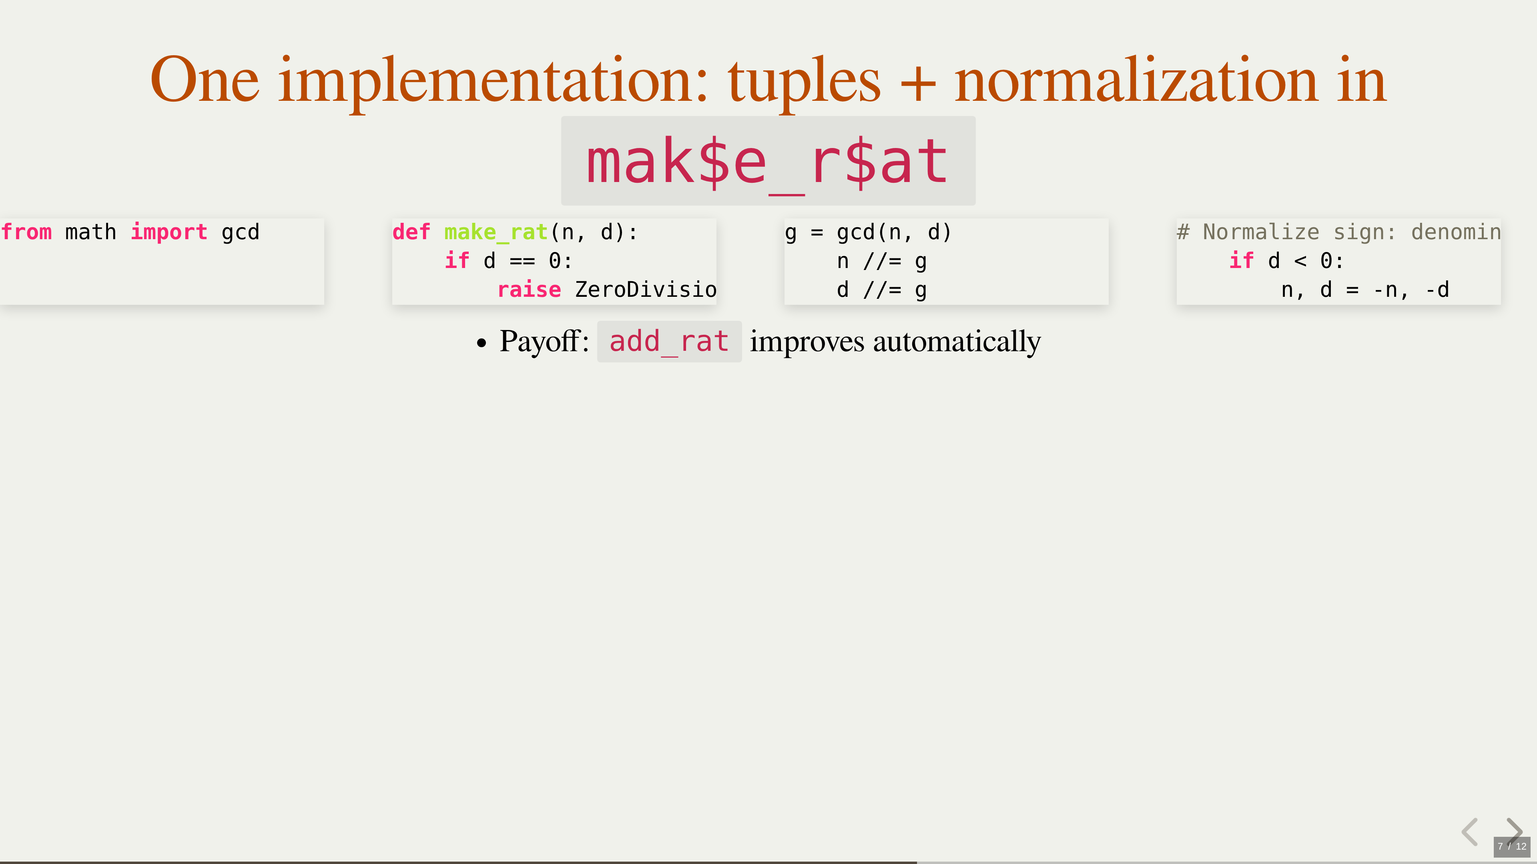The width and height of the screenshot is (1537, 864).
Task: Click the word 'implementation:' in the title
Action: [x=493, y=82]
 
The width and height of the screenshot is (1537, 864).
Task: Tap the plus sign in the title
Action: [x=918, y=84]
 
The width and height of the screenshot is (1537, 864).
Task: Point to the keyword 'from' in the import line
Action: [x=26, y=232]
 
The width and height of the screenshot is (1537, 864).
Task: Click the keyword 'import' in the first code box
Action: [x=169, y=232]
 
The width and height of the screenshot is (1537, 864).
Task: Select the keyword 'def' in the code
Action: [x=411, y=232]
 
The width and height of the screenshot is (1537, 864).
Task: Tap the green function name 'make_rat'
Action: [x=496, y=232]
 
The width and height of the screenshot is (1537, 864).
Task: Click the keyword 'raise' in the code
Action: [x=529, y=290]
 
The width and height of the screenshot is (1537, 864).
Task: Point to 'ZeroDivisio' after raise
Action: [x=646, y=290]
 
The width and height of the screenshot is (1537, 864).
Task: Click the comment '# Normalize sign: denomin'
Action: [x=1339, y=232]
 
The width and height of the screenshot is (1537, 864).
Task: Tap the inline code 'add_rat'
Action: [x=669, y=342]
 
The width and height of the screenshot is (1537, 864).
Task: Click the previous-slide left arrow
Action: [x=1470, y=832]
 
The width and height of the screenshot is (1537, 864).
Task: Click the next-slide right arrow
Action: [x=1514, y=830]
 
